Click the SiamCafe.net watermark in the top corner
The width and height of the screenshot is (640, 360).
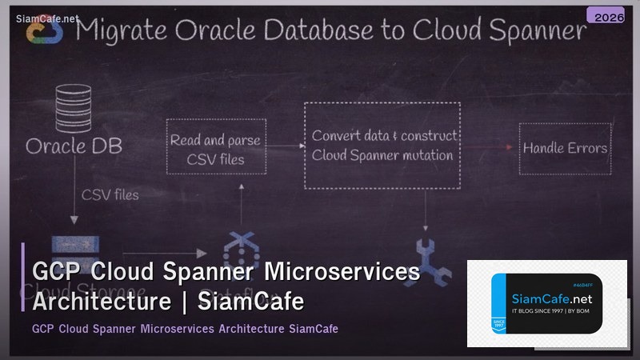click(47, 17)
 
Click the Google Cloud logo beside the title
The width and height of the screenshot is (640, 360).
click(42, 30)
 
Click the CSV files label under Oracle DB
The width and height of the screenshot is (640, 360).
click(110, 194)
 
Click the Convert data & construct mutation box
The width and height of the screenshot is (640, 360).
click(384, 145)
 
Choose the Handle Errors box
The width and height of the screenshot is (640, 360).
click(565, 148)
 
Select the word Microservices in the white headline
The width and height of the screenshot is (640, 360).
click(342, 273)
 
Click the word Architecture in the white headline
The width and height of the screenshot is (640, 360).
click(102, 302)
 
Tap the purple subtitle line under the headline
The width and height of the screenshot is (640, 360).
click(185, 329)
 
